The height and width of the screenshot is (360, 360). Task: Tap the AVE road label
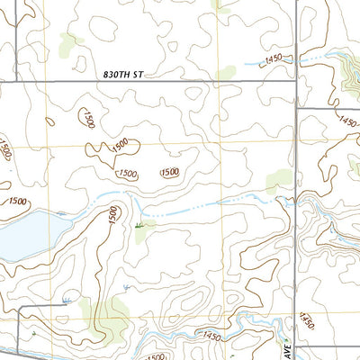[x=281, y=346]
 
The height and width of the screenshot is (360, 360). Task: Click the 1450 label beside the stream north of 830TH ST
[x=276, y=60]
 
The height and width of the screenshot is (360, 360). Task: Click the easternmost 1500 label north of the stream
[x=169, y=172]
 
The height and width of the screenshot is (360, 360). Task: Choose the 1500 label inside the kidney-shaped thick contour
[x=127, y=173]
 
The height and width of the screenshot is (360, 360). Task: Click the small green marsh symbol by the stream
[x=138, y=226]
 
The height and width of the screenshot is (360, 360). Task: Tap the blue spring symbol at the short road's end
[x=66, y=301]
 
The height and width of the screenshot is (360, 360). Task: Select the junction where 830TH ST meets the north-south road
[x=296, y=82]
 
